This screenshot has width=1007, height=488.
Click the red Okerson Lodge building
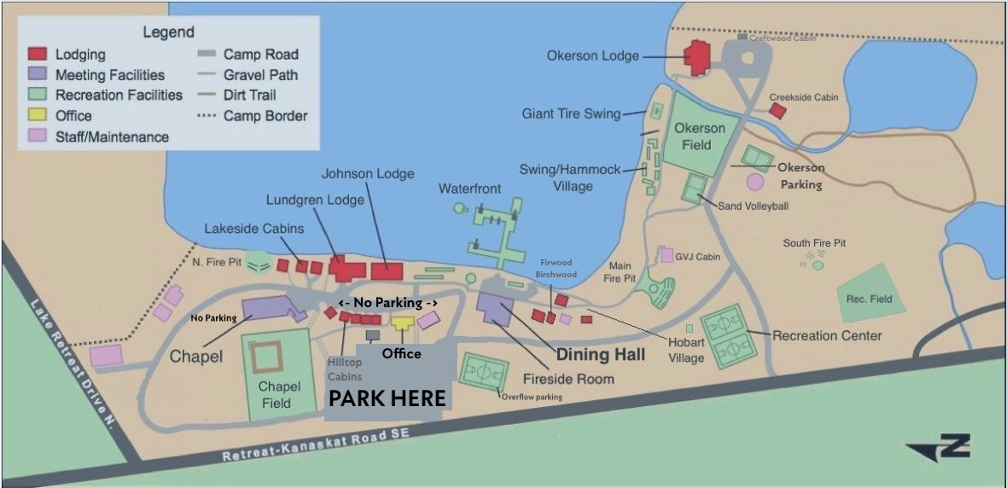point(698,58)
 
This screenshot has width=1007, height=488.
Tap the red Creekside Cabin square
point(777,111)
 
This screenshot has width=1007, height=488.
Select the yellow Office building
point(402,322)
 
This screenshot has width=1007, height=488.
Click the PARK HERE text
point(387,398)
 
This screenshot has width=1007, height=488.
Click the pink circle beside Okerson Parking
point(754,182)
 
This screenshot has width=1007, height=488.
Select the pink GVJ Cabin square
point(667,255)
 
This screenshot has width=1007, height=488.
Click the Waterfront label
point(469,188)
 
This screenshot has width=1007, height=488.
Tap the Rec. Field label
point(869,299)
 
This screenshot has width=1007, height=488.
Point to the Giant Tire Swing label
point(571,113)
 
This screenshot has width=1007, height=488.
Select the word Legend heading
point(168,32)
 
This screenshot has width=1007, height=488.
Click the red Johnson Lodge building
point(387,270)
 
